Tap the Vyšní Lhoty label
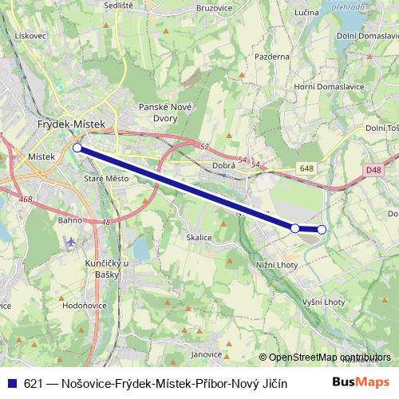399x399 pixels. pyautogui.click(x=325, y=301)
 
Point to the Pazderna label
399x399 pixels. pyautogui.click(x=272, y=57)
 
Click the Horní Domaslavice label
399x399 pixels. pyautogui.click(x=330, y=86)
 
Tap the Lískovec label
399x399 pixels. pyautogui.click(x=31, y=36)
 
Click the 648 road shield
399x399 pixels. pyautogui.click(x=307, y=168)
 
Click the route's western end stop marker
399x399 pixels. pyautogui.click(x=77, y=147)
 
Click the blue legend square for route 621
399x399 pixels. pyautogui.click(x=10, y=382)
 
